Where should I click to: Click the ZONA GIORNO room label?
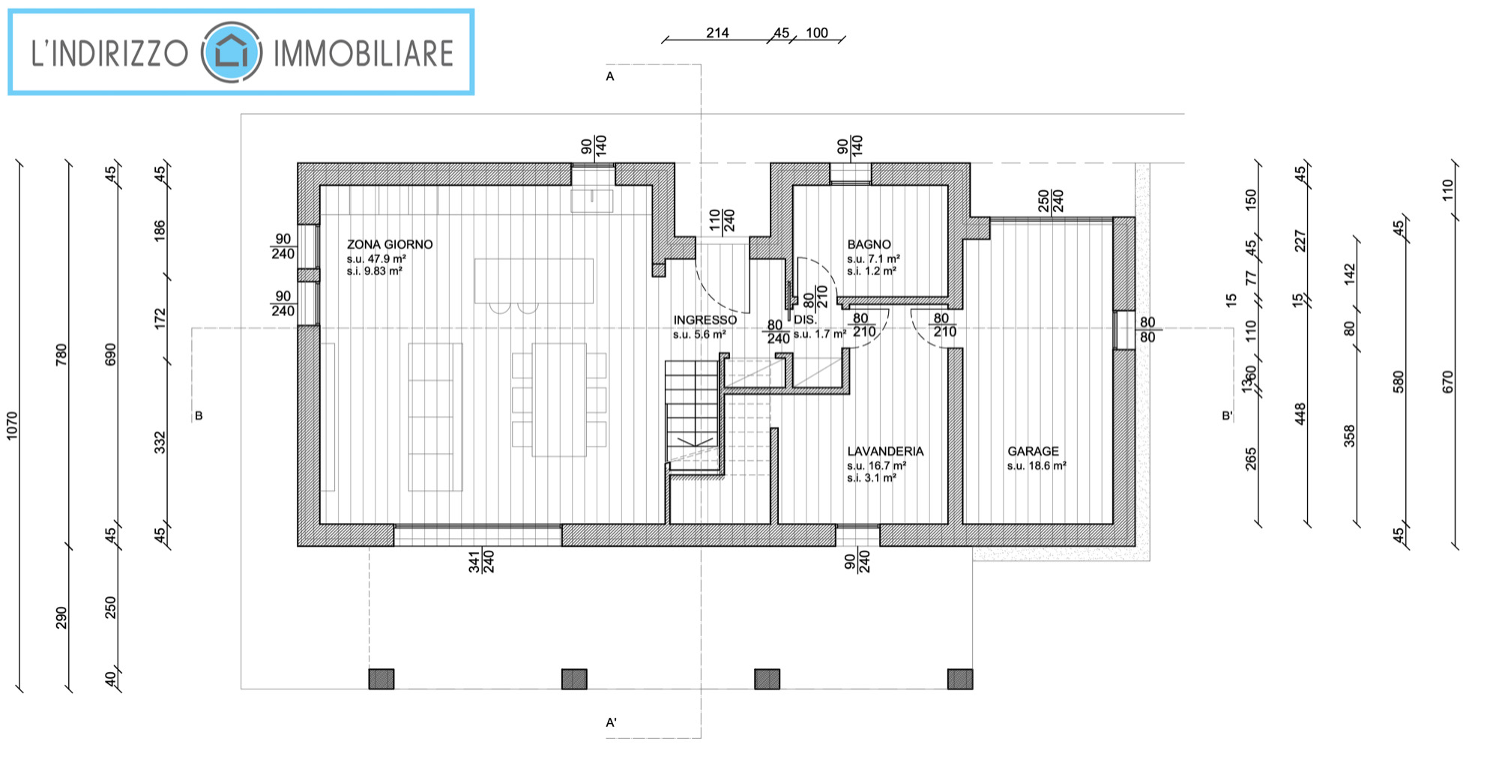(390, 244)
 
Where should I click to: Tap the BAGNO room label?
(869, 244)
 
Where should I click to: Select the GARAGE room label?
(1033, 451)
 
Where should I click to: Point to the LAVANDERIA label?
(885, 451)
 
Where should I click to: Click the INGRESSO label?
(705, 320)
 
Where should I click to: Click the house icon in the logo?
(232, 52)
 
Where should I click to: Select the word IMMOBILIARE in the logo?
(364, 53)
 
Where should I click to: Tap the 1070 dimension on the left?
(11, 426)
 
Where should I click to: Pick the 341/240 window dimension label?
(481, 561)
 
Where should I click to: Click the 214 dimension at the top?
(717, 33)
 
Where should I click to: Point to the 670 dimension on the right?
(1447, 381)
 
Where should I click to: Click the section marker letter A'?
(611, 722)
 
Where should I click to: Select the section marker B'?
(1227, 415)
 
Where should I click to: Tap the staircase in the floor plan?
(693, 416)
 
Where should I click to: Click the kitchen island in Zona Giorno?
(534, 281)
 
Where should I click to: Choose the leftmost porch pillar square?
(381, 679)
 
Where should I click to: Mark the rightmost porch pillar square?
(960, 679)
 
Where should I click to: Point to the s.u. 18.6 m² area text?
(1037, 466)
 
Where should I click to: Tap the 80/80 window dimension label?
(1147, 330)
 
